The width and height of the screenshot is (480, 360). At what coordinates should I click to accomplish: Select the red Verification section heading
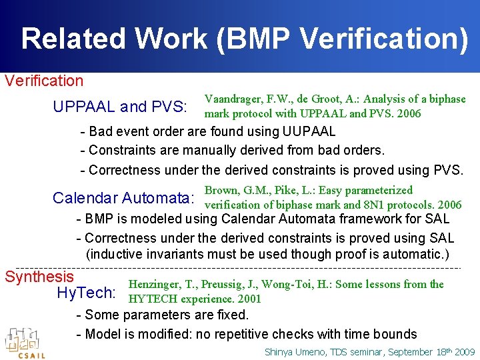44,81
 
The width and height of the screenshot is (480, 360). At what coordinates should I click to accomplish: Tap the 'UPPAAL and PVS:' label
120,107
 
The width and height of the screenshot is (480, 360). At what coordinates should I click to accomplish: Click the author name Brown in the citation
220,190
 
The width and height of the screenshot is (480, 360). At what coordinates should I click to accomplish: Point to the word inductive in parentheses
117,255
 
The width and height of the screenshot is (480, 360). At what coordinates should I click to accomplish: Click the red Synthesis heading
39,276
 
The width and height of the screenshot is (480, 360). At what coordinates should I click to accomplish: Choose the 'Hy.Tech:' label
87,293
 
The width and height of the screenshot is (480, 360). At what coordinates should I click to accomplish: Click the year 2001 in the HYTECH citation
248,299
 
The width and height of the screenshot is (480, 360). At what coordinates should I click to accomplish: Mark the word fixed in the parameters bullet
230,315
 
